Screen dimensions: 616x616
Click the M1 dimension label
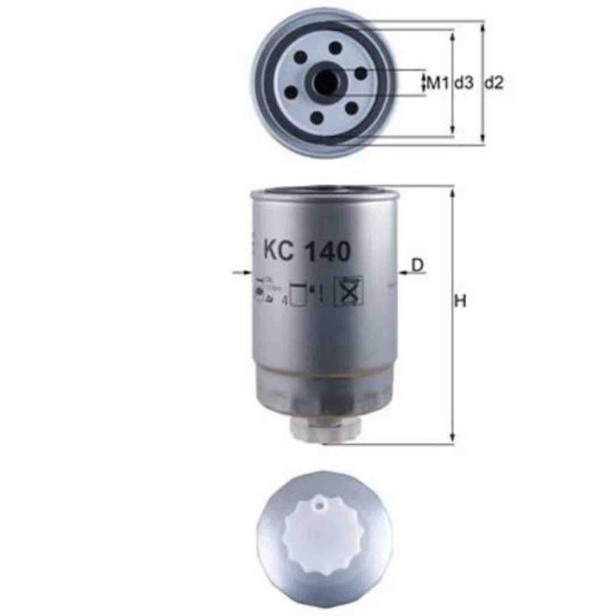pos(438,84)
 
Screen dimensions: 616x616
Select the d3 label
pos(465,84)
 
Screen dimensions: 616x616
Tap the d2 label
pos(495,84)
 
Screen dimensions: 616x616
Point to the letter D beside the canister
pos(418,264)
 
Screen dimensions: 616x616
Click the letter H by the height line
pos(458,302)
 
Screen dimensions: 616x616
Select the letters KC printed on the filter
pos(278,251)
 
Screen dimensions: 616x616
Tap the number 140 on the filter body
pos(326,251)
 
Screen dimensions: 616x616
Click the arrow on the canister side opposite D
pos(241,274)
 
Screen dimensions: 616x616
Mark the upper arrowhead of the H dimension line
pos(451,191)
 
